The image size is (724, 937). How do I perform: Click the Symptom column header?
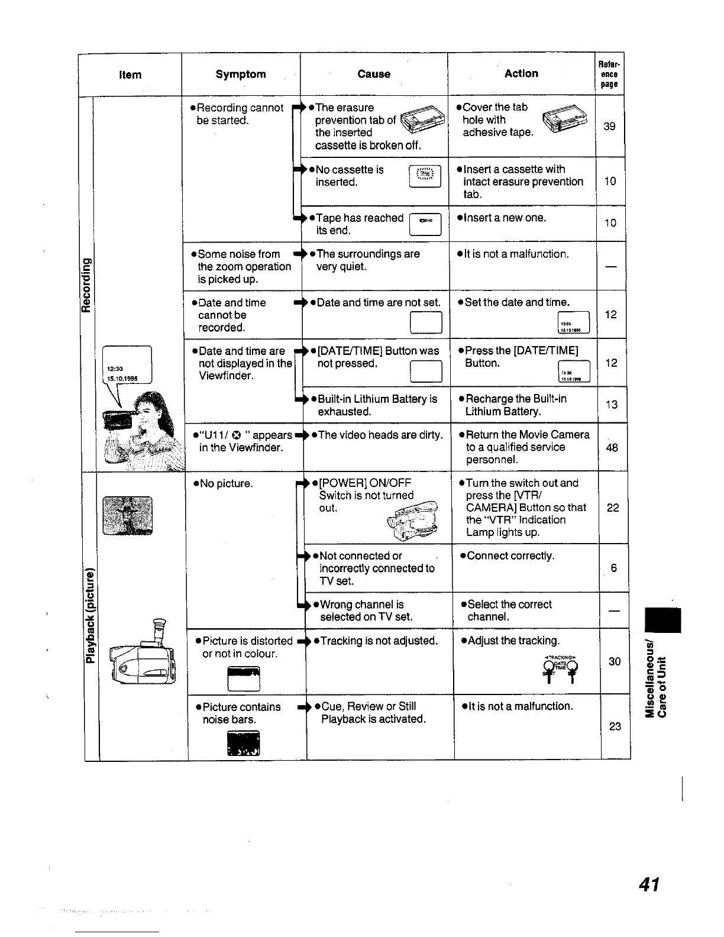(x=241, y=74)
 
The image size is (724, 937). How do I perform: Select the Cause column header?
(x=374, y=74)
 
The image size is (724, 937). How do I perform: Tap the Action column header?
(x=521, y=73)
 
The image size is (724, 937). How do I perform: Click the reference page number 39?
(x=609, y=126)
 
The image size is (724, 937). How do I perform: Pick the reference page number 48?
(x=612, y=448)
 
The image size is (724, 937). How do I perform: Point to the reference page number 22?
(x=613, y=508)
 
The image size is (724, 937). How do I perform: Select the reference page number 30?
(x=615, y=661)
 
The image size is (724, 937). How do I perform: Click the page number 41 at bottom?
(x=649, y=884)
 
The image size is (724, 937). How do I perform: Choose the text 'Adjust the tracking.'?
(x=512, y=641)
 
